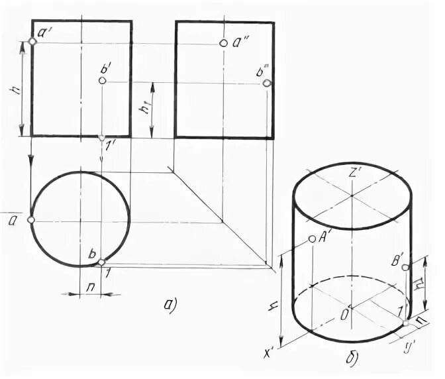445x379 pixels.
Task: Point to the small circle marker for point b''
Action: (267, 83)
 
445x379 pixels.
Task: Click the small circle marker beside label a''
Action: (223, 43)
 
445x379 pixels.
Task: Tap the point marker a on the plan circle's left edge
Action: (31, 219)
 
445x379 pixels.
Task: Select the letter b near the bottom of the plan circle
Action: (93, 254)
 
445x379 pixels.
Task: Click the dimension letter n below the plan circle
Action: (89, 288)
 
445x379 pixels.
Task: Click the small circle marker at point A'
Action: (312, 239)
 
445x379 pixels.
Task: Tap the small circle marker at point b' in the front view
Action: (102, 80)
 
